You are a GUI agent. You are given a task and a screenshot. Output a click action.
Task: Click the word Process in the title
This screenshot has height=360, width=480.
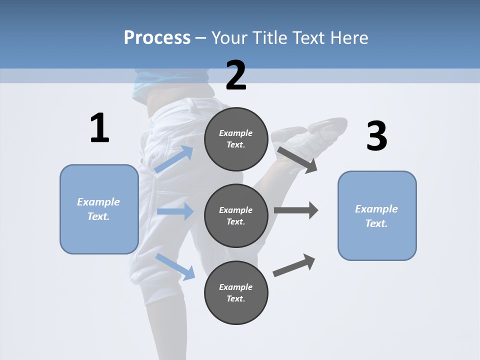pos(157,38)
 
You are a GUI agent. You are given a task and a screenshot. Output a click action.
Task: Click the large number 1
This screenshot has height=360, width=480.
pos(99,128)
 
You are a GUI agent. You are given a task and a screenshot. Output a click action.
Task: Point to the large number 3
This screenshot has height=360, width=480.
pos(376,136)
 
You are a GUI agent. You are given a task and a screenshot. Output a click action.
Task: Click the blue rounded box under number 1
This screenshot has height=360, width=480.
pos(99,209)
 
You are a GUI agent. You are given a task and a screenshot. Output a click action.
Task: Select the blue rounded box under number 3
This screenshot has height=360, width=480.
pos(377,215)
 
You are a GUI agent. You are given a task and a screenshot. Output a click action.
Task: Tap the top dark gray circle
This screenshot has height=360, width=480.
pos(236,139)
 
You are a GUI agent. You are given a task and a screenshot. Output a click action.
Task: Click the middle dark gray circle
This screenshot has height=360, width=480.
pos(236,215)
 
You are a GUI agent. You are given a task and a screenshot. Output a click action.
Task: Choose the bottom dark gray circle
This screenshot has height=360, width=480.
pos(236,292)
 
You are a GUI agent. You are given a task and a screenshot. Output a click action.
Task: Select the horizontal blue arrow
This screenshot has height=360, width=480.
pos(175,211)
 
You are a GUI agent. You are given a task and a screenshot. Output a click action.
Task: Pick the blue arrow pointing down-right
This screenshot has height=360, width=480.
pos(175,266)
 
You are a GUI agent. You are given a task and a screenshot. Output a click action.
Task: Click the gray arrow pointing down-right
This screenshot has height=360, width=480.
pos(297,159)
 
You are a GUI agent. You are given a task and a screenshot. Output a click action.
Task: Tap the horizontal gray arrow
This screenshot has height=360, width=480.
pos(295,210)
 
